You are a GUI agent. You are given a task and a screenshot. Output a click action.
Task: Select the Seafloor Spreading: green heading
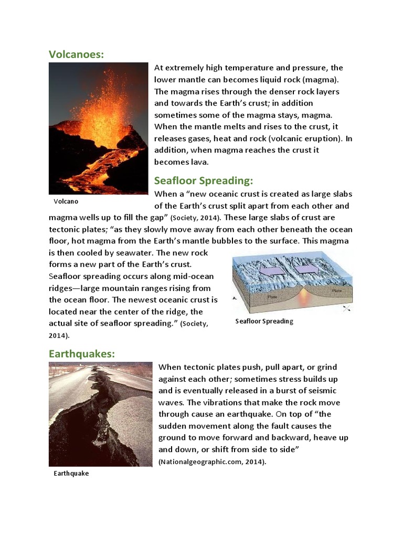204,181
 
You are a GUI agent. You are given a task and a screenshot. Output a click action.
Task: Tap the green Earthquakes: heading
81,354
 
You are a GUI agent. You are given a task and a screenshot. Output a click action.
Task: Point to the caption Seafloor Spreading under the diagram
264,321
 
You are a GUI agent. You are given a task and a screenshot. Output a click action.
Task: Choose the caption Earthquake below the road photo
71,473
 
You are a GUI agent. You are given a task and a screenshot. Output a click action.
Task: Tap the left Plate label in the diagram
273,296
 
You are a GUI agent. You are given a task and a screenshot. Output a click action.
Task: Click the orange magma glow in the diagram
304,299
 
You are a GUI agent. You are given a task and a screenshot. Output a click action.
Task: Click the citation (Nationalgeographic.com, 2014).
212,462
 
